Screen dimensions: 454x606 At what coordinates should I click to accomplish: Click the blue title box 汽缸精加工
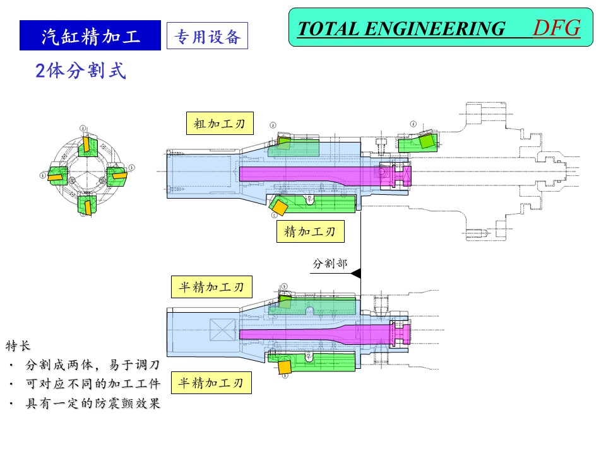(90, 36)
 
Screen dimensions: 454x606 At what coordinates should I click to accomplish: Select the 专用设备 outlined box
(207, 37)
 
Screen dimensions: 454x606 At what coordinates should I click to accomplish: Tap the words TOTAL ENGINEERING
(401, 29)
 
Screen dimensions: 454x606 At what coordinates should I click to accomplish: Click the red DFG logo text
(556, 28)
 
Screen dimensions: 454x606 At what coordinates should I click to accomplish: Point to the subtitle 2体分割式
(81, 71)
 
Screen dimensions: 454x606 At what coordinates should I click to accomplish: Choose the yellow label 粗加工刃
(220, 124)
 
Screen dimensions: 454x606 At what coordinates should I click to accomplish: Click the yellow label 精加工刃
(311, 231)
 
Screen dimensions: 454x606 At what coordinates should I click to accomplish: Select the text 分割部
(330, 264)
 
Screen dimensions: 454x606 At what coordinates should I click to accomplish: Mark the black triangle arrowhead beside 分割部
(355, 273)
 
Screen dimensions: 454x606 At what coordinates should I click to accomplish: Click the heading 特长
(18, 346)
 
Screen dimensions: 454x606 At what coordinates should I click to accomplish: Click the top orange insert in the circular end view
(85, 144)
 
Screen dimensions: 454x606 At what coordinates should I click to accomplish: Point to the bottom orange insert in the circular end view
(88, 206)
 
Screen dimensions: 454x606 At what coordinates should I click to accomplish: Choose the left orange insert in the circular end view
(56, 177)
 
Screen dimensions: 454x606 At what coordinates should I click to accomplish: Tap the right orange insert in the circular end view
(118, 175)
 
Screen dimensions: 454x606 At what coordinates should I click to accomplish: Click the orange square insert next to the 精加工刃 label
(279, 206)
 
